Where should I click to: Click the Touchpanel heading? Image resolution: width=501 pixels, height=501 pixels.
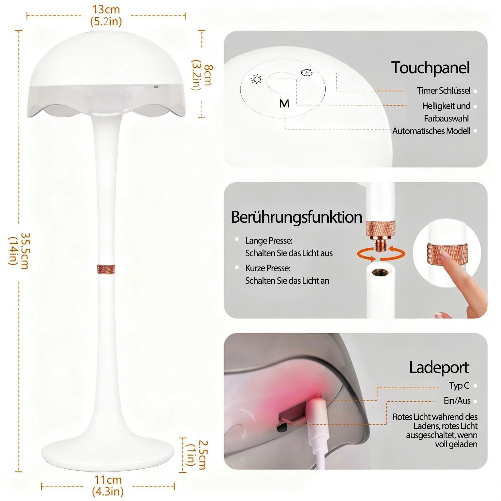[x=430, y=68]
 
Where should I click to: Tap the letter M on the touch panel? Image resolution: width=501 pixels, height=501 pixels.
[x=284, y=104]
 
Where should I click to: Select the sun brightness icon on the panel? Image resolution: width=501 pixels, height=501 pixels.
[x=257, y=80]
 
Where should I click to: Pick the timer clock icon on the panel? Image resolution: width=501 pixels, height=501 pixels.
[x=307, y=73]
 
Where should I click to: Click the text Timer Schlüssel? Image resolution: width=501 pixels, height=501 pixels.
[x=443, y=91]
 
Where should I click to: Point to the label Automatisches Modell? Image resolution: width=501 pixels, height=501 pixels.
[x=431, y=131]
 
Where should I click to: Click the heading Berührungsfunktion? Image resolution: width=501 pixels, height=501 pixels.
[x=296, y=217]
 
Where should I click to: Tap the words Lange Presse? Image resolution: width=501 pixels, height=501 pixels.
[x=269, y=240]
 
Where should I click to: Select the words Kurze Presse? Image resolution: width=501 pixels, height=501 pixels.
[x=268, y=268]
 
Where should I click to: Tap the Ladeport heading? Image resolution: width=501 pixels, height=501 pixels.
[x=438, y=367]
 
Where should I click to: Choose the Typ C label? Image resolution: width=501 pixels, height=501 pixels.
[x=459, y=385]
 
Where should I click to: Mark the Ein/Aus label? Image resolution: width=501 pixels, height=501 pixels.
[x=457, y=400]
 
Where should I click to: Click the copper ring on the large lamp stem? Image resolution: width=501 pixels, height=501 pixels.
[x=106, y=269]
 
